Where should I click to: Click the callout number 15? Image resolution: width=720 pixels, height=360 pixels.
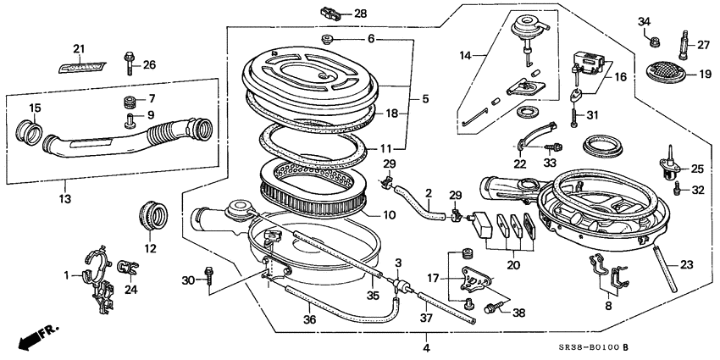point(35,108)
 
